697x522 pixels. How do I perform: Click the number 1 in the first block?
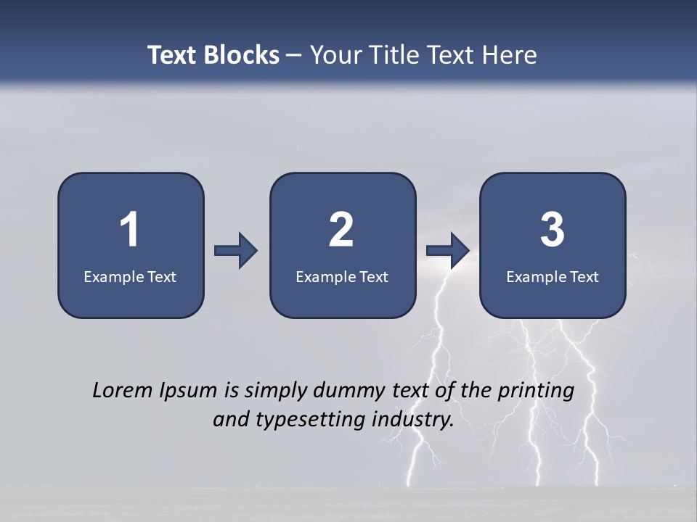(130, 230)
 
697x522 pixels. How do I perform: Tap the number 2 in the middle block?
(341, 230)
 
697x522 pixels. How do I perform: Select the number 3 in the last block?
(553, 230)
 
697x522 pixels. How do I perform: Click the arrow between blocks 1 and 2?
(236, 250)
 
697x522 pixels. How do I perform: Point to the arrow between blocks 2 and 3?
(448, 250)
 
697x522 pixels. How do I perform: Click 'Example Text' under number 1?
(130, 276)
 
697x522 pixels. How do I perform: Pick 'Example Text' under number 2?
(342, 276)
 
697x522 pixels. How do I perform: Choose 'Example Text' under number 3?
(553, 276)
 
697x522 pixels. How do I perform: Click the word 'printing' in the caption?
(536, 391)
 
